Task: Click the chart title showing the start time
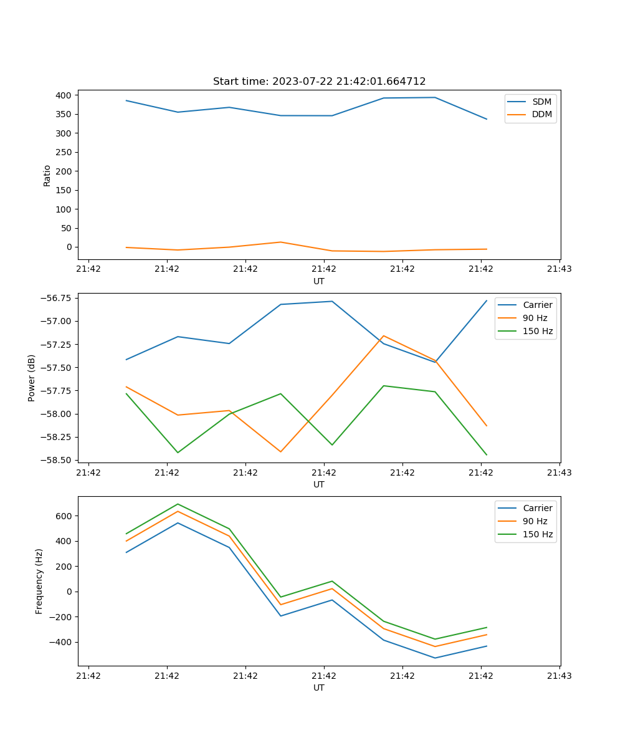pyautogui.click(x=319, y=82)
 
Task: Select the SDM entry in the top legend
pyautogui.click(x=541, y=102)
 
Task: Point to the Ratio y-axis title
pyautogui.click(x=47, y=175)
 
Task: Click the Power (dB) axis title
pyautogui.click(x=32, y=378)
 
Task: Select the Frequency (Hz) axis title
pyautogui.click(x=39, y=581)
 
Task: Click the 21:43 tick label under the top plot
pyautogui.click(x=559, y=269)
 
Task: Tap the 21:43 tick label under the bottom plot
pyautogui.click(x=559, y=676)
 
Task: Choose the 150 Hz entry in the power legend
pyautogui.click(x=538, y=332)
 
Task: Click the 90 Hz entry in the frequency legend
pyautogui.click(x=535, y=521)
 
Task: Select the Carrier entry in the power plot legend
pyautogui.click(x=537, y=305)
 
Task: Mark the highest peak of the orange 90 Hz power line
pyautogui.click(x=384, y=335)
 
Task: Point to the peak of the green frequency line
pyautogui.click(x=178, y=504)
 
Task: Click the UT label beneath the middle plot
pyautogui.click(x=319, y=484)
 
